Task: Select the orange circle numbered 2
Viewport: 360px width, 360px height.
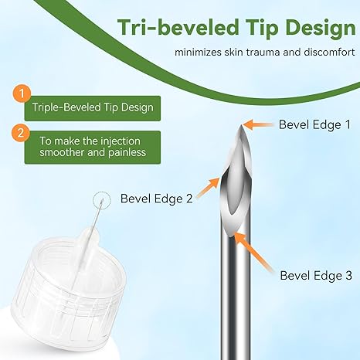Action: coord(23,133)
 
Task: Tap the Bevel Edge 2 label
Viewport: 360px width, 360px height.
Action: coord(157,198)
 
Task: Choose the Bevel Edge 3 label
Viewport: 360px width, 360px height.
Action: coord(316,274)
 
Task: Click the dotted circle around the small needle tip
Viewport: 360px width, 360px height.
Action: coord(98,202)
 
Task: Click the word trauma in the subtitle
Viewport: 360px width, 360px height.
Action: coord(262,53)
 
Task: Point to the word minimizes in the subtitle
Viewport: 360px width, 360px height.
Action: coord(199,53)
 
